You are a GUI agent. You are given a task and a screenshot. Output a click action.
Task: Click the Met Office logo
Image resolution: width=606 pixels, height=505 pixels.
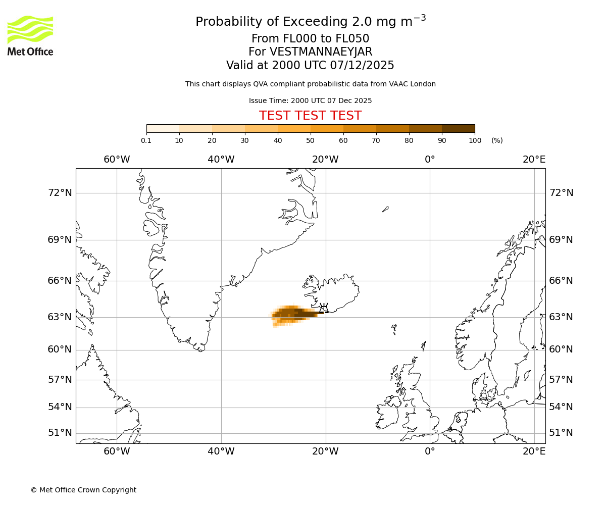pos(30,35)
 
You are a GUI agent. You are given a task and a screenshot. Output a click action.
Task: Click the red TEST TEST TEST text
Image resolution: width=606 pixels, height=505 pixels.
pos(310,116)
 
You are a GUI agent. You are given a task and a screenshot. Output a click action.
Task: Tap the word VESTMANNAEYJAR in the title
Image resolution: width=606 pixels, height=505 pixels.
pos(321,52)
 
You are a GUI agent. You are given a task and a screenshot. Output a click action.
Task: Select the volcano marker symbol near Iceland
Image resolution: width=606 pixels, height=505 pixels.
pos(324,308)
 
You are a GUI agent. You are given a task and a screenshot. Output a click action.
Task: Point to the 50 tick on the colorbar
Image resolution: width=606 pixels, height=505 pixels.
pos(310,140)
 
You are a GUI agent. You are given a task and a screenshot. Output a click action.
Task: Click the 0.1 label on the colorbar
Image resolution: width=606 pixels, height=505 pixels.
pos(146,140)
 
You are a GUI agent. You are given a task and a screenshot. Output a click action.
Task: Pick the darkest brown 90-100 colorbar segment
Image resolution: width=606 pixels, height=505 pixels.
pos(458,128)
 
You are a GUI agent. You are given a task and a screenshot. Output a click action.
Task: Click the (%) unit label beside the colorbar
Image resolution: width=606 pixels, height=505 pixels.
pos(497,140)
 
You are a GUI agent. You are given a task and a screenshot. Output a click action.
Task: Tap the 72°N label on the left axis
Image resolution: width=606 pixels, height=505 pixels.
pos(60,193)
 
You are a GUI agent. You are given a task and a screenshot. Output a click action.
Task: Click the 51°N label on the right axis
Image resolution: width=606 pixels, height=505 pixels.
pos(561,433)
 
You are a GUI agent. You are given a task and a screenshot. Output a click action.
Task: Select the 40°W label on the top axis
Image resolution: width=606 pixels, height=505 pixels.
pos(221,160)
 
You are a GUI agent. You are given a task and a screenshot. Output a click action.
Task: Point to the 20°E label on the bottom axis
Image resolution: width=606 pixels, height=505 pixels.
pos(534,451)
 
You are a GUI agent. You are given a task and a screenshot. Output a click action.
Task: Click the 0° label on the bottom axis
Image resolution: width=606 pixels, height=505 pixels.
pos(430,451)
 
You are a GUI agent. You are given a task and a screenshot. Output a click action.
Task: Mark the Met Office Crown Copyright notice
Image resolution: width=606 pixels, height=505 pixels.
pos(83,490)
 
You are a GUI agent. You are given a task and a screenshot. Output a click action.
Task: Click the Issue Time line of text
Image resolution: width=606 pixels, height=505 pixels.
pos(310,100)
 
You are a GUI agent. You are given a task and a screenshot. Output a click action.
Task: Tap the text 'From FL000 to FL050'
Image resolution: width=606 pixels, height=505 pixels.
pos(310,39)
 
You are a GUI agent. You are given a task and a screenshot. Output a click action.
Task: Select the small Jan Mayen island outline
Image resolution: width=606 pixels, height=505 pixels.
pos(385,209)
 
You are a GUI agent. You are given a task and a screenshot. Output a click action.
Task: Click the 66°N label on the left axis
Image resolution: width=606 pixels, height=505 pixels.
pos(60,281)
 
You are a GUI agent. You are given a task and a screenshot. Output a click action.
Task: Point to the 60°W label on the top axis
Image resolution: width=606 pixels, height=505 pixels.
pos(117,160)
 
